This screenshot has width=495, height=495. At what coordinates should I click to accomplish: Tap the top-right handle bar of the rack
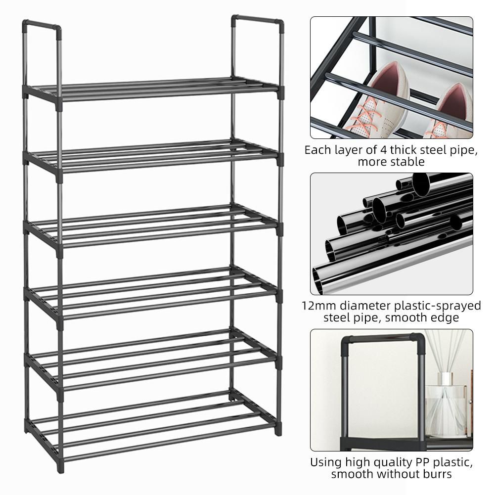click(257, 20)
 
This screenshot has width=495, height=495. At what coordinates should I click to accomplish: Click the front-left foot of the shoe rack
click(60, 467)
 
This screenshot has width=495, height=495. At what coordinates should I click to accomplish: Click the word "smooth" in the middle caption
click(405, 317)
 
